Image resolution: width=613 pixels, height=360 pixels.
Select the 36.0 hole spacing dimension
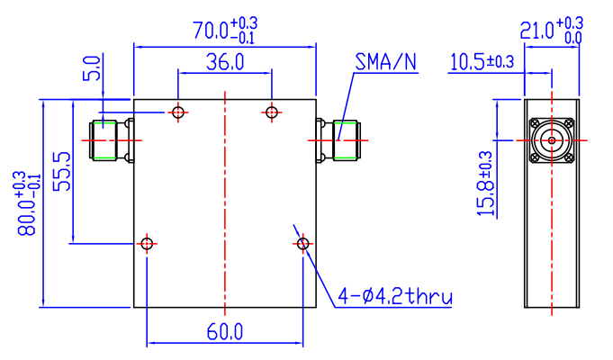(x=224, y=63)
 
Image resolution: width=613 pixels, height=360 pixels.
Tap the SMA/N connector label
(x=385, y=62)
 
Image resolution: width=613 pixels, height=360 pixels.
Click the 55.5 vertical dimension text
(x=62, y=172)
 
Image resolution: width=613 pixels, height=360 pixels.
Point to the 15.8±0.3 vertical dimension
(x=485, y=185)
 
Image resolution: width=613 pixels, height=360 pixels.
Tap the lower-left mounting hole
(x=148, y=243)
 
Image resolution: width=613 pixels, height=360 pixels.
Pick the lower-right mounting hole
(x=302, y=243)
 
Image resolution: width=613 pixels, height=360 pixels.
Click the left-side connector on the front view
(x=109, y=140)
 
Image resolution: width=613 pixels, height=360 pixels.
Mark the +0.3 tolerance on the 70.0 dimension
(x=243, y=22)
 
